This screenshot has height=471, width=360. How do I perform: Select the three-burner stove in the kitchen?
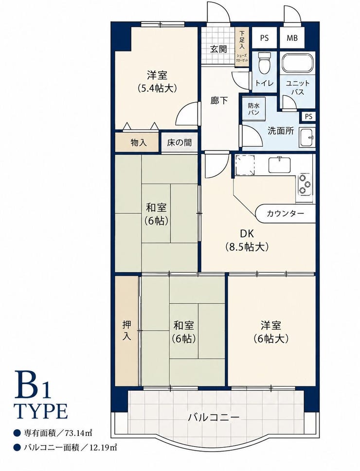pyautogui.click(x=304, y=184)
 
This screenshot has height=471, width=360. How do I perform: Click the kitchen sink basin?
pyautogui.click(x=280, y=165)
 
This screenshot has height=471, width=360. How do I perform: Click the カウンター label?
pyautogui.click(x=285, y=213)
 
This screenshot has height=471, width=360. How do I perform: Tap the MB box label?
pyautogui.click(x=292, y=38)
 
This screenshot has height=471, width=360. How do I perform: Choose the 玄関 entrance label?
pyautogui.click(x=218, y=49)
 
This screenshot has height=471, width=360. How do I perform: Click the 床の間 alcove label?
pyautogui.click(x=179, y=142)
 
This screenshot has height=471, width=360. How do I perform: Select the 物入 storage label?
pyautogui.click(x=139, y=142)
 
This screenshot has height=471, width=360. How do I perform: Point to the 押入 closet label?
pyautogui.click(x=127, y=331)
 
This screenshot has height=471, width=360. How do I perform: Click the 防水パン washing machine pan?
pyautogui.click(x=254, y=109)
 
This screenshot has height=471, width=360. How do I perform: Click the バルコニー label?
pyautogui.click(x=214, y=417)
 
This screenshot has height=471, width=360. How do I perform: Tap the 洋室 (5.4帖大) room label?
pyautogui.click(x=157, y=81)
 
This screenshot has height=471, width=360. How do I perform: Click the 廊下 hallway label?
pyautogui.click(x=219, y=101)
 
